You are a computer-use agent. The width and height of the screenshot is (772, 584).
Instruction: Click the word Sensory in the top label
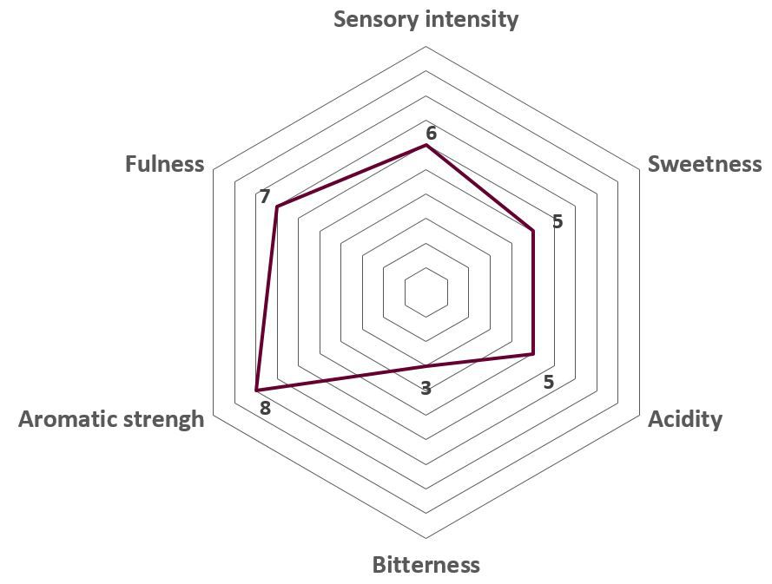pyautogui.click(x=376, y=20)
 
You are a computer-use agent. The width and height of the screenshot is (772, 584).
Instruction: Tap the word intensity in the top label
pyautogui.click(x=472, y=19)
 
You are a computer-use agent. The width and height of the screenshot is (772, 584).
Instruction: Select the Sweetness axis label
pyautogui.click(x=704, y=164)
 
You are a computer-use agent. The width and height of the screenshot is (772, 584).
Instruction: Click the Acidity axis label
pyautogui.click(x=685, y=420)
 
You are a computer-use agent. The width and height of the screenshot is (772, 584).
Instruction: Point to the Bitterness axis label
pyautogui.click(x=426, y=565)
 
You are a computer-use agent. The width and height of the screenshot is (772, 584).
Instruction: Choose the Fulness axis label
pyautogui.click(x=164, y=164)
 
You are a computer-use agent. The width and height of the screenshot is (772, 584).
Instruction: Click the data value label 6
pyautogui.click(x=432, y=134)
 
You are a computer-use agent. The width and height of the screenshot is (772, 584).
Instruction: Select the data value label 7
pyautogui.click(x=265, y=196)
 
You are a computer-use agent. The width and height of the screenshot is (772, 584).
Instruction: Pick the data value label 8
pyautogui.click(x=266, y=408)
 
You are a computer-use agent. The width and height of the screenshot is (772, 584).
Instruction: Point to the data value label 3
pyautogui.click(x=426, y=388)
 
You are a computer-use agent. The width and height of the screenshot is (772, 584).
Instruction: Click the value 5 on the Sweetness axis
pyautogui.click(x=558, y=221)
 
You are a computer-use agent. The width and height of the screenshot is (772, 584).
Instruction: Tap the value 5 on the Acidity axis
pyautogui.click(x=549, y=382)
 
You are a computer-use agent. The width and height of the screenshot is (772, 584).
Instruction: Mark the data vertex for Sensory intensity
pyautogui.click(x=426, y=145)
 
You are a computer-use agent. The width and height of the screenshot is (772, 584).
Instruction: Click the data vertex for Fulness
pyautogui.click(x=277, y=207)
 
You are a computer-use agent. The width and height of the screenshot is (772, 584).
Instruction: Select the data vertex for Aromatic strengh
pyautogui.click(x=256, y=390)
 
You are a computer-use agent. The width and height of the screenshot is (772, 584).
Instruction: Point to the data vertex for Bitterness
pyautogui.click(x=426, y=365)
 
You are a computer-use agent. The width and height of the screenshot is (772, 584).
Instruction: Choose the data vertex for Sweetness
pyautogui.click(x=532, y=230)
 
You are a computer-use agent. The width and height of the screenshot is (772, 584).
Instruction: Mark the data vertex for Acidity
pyautogui.click(x=532, y=353)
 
